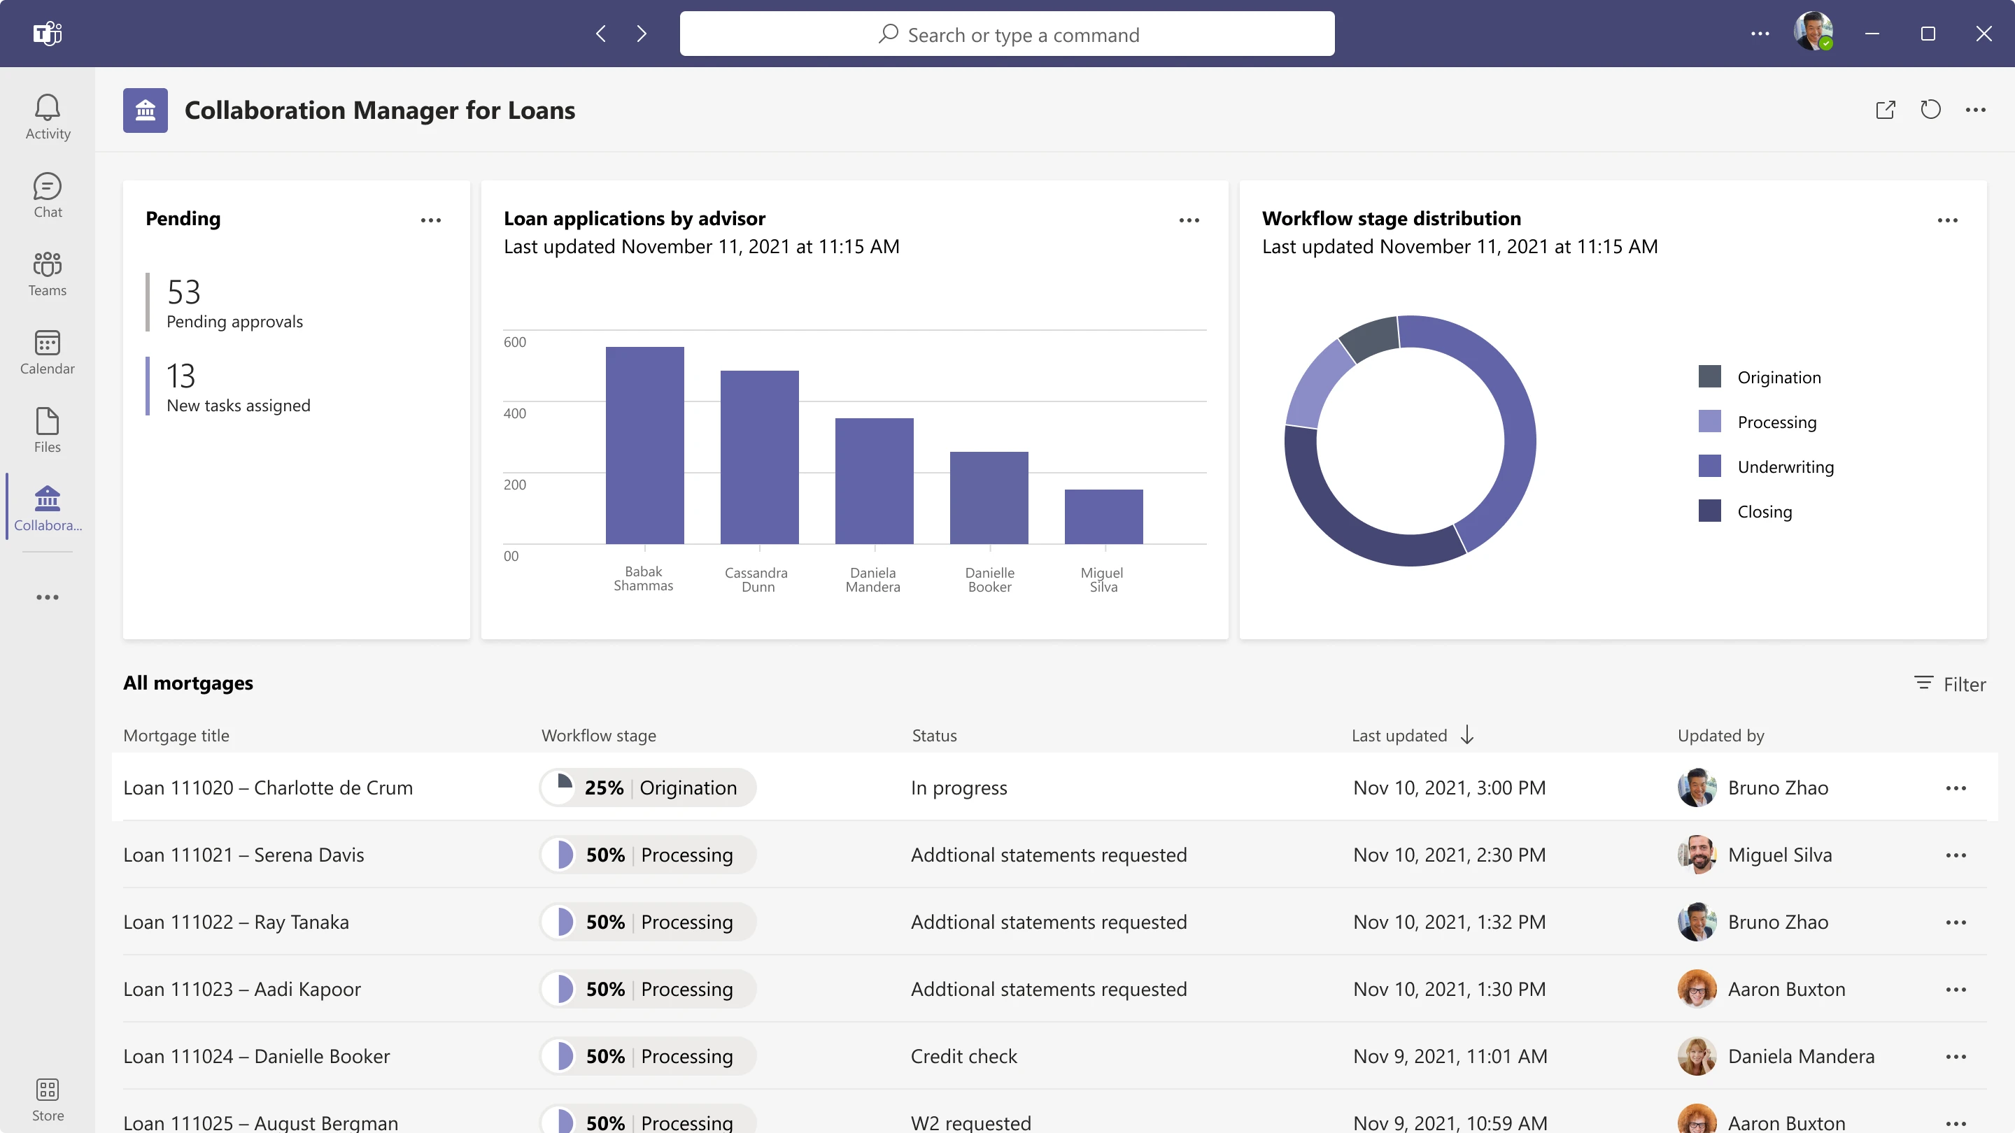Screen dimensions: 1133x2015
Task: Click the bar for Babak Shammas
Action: (x=644, y=446)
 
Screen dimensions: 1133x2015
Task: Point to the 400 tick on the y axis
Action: (x=515, y=413)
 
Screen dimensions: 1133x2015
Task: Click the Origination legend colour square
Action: (x=1709, y=377)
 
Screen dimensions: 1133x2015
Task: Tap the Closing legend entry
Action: (x=1764, y=512)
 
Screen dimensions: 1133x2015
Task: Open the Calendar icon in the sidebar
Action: (x=47, y=344)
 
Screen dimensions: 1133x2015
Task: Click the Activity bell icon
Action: (x=47, y=108)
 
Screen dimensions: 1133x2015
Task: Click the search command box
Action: (x=1007, y=34)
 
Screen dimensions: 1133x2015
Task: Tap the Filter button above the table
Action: (x=1950, y=684)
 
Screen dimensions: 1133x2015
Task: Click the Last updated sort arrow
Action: (x=1466, y=735)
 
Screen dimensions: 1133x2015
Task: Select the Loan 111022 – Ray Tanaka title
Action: (x=236, y=922)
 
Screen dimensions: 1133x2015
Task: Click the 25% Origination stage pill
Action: (x=648, y=788)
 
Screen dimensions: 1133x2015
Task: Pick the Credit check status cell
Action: (x=963, y=1056)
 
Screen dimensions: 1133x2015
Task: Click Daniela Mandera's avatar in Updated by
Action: (x=1696, y=1056)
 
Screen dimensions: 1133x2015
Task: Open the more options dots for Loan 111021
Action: (x=1956, y=855)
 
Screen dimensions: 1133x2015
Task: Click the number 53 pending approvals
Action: (x=184, y=292)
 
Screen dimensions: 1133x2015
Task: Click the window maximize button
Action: (x=1928, y=34)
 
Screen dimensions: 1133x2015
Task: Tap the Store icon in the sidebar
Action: (x=47, y=1090)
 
